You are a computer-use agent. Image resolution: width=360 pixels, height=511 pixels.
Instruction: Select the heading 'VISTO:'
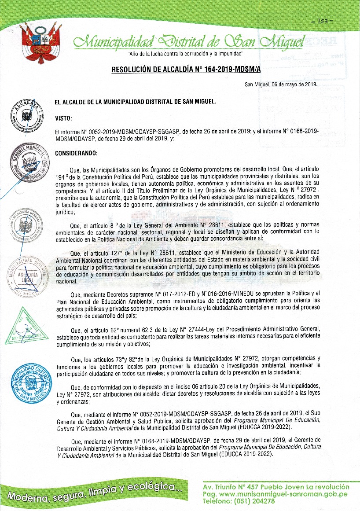click(x=64, y=118)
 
